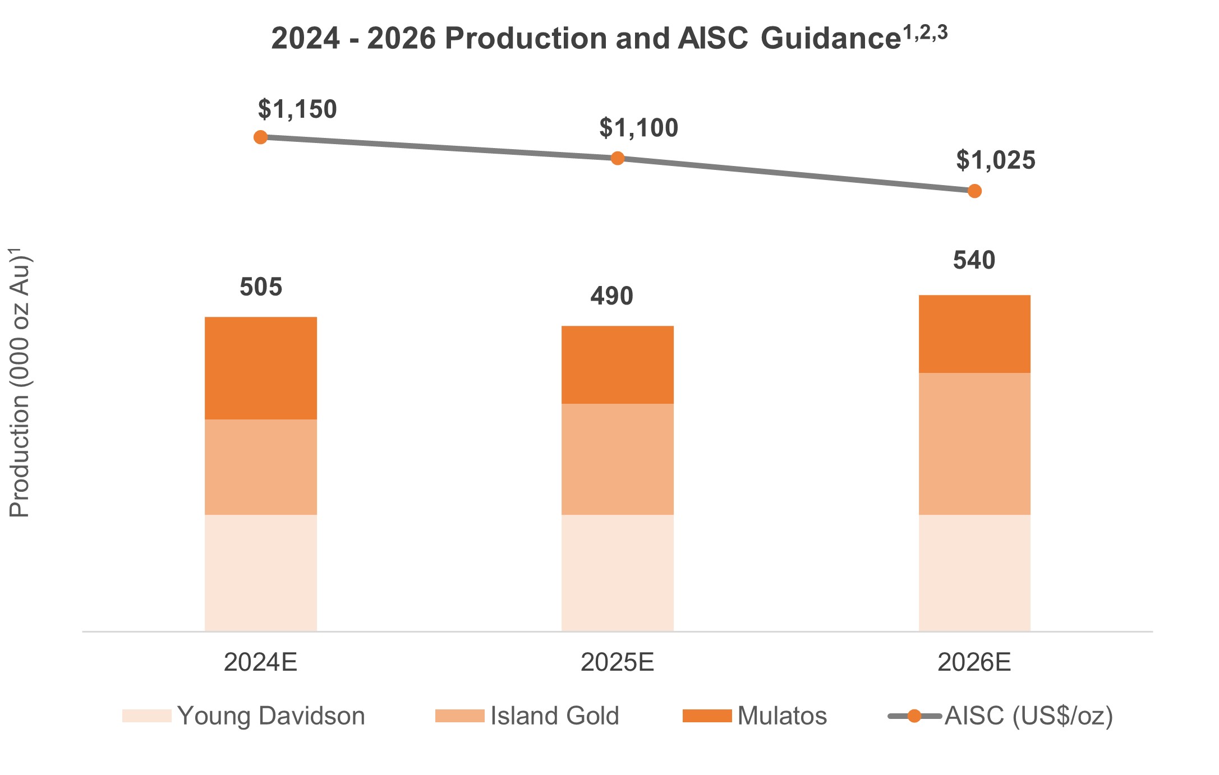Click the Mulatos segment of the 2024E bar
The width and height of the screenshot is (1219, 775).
[261, 368]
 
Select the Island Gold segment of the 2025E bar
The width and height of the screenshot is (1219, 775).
[617, 459]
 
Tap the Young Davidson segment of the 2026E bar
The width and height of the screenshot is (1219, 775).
[974, 573]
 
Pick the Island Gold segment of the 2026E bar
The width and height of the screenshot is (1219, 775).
[974, 444]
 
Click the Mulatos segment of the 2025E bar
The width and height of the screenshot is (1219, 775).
[617, 365]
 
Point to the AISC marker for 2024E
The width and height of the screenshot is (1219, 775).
[260, 137]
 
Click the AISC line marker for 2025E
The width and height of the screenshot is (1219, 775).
[617, 158]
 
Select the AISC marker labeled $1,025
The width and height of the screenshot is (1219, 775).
[974, 191]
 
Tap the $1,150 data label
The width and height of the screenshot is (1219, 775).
[297, 109]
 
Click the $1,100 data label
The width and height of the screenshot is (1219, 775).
[638, 128]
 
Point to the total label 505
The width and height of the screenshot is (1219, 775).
[261, 287]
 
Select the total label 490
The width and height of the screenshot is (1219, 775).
[611, 296]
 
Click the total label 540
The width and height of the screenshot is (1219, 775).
[974, 261]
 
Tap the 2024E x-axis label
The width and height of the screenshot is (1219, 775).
[260, 662]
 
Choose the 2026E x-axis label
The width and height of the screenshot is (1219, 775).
[974, 662]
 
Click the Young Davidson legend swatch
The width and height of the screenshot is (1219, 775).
[147, 716]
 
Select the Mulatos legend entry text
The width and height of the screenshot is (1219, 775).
[782, 716]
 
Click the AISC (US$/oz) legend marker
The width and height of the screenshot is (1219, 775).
[914, 716]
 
